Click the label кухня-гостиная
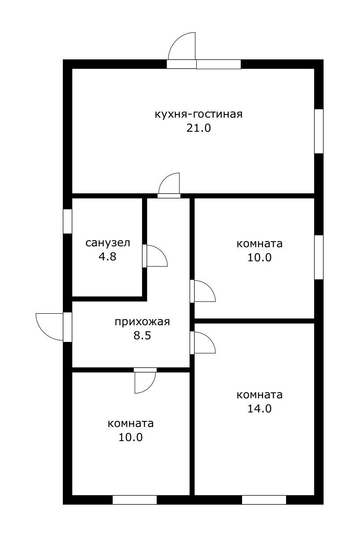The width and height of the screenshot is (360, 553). tap(198, 114)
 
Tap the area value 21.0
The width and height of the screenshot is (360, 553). tap(198, 128)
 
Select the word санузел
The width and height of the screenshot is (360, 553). tap(108, 243)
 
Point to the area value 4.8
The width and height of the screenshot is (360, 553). tap(108, 257)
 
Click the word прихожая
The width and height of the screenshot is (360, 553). tap(142, 322)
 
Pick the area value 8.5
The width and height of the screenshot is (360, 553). tap(142, 336)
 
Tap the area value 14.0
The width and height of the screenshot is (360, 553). tap(260, 408)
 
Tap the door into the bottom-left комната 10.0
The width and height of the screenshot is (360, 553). tap(145, 381)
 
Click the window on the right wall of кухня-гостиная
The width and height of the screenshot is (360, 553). tap(319, 131)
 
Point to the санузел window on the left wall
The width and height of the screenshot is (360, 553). tap(67, 221)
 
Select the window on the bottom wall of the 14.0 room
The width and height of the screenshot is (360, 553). tap(264, 500)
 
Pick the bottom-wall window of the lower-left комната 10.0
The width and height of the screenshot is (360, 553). tap(135, 500)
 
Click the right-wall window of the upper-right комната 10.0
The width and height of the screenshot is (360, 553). tap(319, 257)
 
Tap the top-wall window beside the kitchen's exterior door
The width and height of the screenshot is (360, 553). tap(219, 64)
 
